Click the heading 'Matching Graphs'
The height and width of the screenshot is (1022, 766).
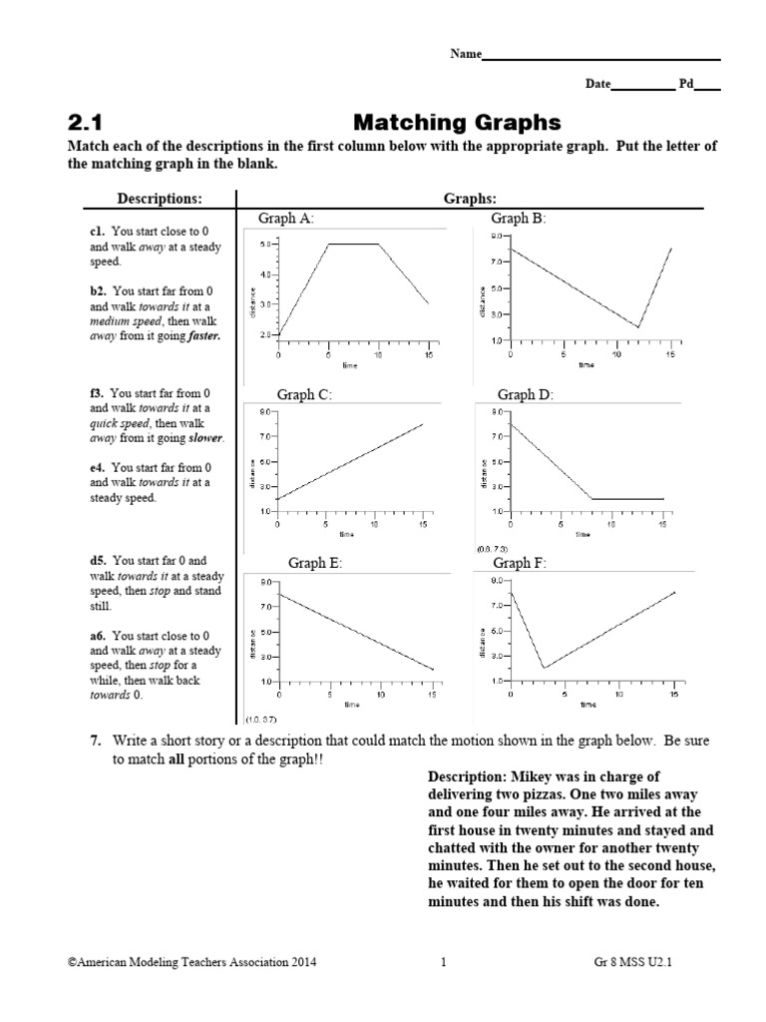(x=458, y=123)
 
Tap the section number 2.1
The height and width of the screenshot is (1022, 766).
(x=86, y=123)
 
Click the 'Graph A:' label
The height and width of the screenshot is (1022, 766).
(x=287, y=218)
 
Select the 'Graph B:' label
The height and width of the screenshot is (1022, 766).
(x=519, y=218)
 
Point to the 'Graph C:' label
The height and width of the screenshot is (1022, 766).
(x=303, y=394)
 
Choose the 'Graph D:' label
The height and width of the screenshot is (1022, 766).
(x=525, y=394)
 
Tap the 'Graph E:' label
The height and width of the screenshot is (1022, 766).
(x=315, y=563)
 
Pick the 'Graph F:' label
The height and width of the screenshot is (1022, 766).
(x=520, y=563)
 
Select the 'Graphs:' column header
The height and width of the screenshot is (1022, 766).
(x=470, y=199)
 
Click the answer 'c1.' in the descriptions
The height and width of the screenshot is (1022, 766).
(x=98, y=232)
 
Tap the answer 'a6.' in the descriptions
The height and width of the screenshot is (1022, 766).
(x=99, y=635)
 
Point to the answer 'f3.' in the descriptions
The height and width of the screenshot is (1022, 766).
(x=98, y=393)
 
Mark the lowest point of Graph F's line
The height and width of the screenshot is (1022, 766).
(x=543, y=668)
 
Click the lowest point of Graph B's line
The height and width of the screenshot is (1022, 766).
(x=638, y=327)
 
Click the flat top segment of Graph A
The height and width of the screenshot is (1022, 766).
(x=354, y=244)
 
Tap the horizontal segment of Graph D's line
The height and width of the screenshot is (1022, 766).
(x=626, y=498)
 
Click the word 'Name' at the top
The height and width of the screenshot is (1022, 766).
(x=466, y=55)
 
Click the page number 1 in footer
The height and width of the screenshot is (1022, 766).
(x=442, y=962)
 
